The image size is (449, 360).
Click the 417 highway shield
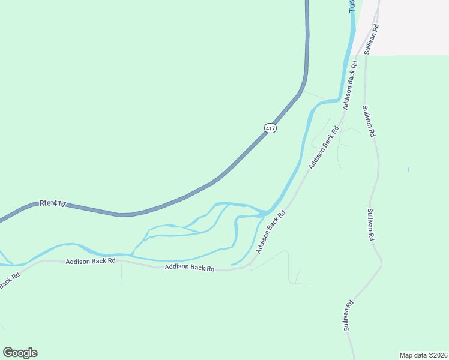tap(270, 128)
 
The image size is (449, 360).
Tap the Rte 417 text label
tap(53, 204)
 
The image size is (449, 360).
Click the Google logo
tap(20, 353)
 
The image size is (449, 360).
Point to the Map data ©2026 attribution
tap(423, 355)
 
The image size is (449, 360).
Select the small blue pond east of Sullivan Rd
tap(408, 170)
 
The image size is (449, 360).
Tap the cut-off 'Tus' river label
tap(353, 5)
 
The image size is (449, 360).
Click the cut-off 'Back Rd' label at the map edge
tap(9, 281)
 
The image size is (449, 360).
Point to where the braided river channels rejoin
tap(264, 212)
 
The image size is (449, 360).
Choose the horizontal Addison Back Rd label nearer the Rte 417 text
tap(91, 262)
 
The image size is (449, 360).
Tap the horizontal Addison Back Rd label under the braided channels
tap(190, 268)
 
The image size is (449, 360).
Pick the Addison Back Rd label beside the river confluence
tap(269, 235)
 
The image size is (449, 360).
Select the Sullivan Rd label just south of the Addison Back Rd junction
tap(369, 121)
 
